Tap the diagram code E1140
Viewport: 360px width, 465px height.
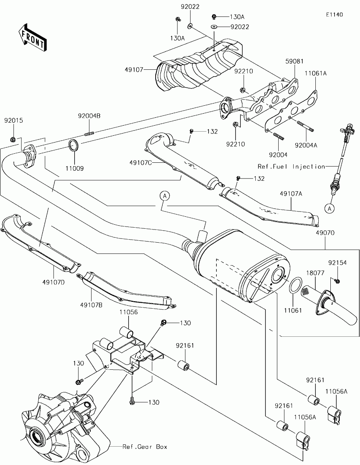click(334, 15)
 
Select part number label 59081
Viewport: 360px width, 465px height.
click(294, 61)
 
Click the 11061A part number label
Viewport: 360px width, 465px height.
click(315, 73)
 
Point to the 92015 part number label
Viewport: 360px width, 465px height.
click(13, 121)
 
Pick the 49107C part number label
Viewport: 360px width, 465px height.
click(141, 162)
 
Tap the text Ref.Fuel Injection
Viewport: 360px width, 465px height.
click(291, 166)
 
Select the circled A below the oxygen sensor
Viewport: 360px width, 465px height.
click(329, 208)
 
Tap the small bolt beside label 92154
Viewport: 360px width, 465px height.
click(337, 281)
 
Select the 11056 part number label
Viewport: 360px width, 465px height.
click(129, 312)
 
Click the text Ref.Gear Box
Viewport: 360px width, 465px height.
click(145, 447)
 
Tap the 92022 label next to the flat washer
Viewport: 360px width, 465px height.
click(240, 27)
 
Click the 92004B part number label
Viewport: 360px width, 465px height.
click(89, 116)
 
